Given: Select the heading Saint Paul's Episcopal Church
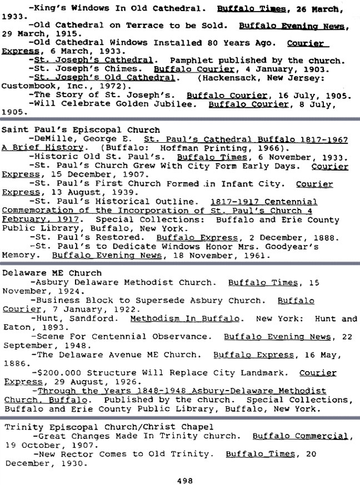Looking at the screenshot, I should click(x=81, y=130).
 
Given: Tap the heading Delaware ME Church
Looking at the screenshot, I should click(x=52, y=273).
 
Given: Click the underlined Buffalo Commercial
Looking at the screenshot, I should click(x=302, y=436).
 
